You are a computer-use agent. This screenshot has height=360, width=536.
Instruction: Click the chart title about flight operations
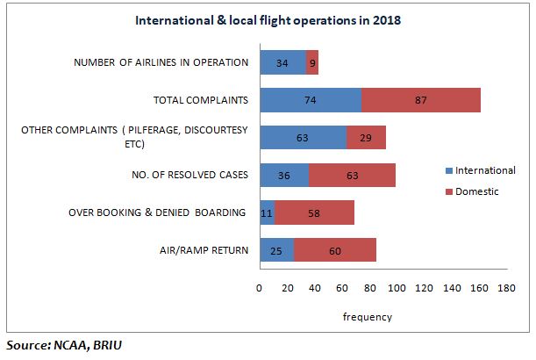click(268, 19)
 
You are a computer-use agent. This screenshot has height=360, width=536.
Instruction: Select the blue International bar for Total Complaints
click(311, 100)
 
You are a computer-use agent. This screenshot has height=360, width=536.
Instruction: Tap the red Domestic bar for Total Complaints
click(421, 100)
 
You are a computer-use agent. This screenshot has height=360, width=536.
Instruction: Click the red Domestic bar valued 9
click(312, 62)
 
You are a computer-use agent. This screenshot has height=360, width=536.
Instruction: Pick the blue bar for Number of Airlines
click(282, 62)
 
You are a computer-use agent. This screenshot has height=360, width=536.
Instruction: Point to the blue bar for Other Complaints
click(303, 138)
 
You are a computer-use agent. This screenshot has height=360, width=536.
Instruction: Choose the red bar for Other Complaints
click(366, 138)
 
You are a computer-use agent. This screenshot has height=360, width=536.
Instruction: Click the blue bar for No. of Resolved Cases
click(283, 176)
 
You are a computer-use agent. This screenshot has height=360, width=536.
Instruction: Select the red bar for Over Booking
click(314, 213)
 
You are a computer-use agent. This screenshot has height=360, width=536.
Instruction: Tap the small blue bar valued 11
click(267, 213)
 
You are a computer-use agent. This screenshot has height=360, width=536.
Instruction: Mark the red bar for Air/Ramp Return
click(334, 251)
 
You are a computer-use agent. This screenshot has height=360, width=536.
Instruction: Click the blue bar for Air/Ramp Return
click(276, 251)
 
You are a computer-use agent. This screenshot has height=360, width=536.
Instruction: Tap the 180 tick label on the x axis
click(506, 287)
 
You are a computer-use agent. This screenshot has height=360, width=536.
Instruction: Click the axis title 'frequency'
click(367, 317)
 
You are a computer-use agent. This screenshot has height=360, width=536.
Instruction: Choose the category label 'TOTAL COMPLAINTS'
click(202, 100)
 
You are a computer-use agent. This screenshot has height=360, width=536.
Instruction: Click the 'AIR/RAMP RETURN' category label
click(205, 251)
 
